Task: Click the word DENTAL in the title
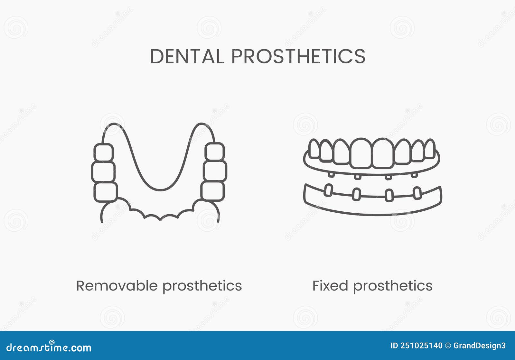187,57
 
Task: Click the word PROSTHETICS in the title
298,57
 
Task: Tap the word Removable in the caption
117,286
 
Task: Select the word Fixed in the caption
330,286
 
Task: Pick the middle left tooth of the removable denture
103,172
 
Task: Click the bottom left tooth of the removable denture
105,192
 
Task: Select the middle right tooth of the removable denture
215,171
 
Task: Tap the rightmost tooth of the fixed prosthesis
430,149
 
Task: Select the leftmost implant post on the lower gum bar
328,190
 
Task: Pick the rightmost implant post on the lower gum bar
417,193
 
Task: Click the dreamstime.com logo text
49,347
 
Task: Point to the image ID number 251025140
421,346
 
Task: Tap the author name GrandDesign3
479,346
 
